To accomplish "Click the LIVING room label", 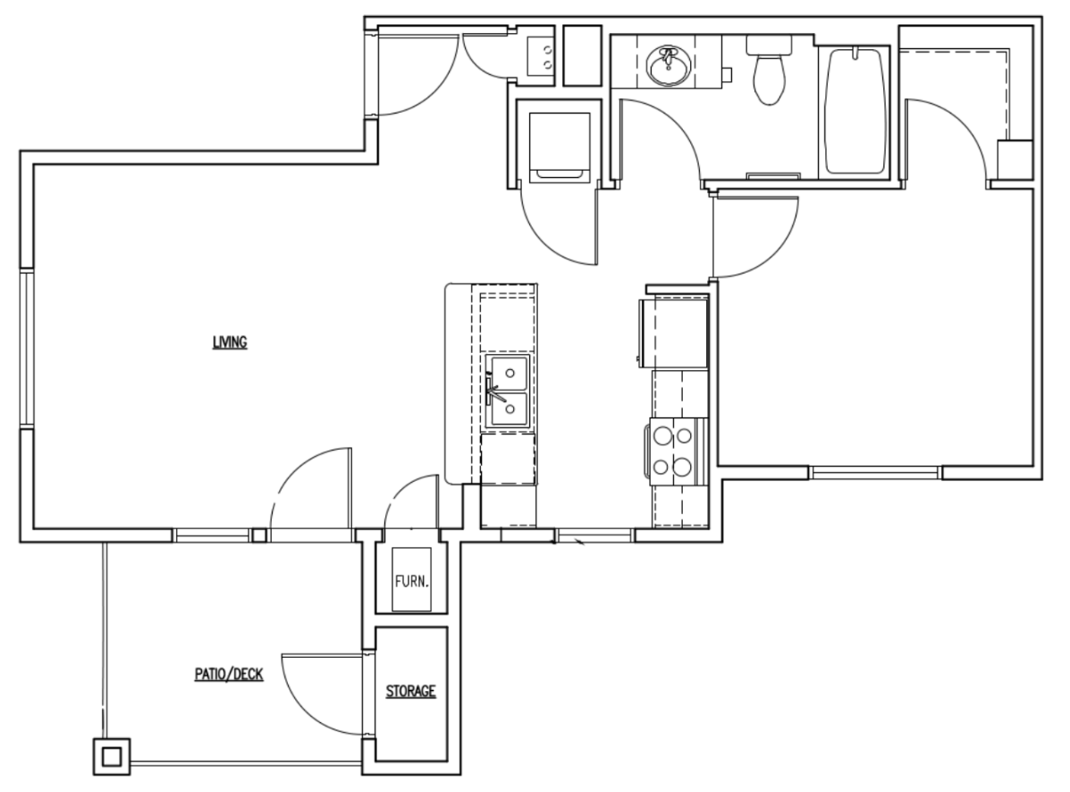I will pos(229,341).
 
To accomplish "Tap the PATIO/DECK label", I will pos(229,675).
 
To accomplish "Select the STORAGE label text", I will pos(410,691).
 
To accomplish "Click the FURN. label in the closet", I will pos(412,581).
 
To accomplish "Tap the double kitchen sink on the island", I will pos(506,391).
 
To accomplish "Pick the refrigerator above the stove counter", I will pos(672,333).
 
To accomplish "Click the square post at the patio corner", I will pos(111,757).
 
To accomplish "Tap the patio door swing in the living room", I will pos(308,492).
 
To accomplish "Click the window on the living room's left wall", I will pos(26,348).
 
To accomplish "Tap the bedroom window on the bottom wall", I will pos(875,471).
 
